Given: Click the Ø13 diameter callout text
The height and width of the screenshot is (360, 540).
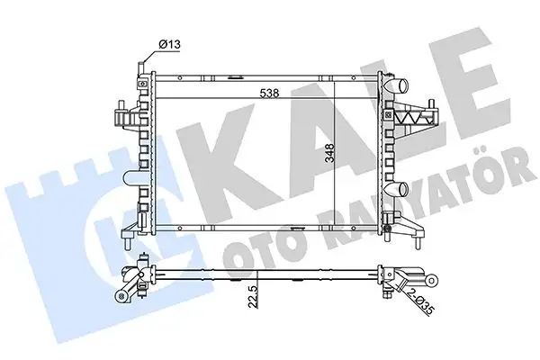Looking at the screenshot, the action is pos(169,44).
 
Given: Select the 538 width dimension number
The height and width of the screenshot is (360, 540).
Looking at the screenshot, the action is pos(269,93).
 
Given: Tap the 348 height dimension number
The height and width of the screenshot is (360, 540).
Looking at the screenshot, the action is pos(329,154).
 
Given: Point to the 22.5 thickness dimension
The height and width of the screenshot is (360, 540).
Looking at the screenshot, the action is pos(253,296).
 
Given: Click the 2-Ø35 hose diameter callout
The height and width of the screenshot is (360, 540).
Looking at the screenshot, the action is pos(421,301).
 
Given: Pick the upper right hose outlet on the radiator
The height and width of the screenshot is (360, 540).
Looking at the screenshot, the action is pos(396,85).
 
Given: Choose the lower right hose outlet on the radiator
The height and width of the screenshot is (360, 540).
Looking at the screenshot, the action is pos(396,188).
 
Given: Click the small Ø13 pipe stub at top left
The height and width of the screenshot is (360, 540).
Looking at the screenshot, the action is pos(141,67).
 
